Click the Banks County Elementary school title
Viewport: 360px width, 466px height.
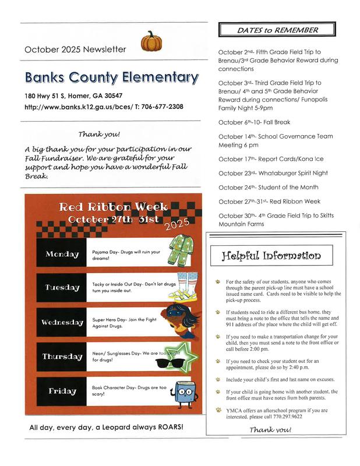click(112, 77)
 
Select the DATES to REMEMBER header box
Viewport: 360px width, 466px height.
click(277, 30)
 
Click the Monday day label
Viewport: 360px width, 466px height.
click(62, 254)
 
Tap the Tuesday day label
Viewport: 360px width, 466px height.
click(62, 287)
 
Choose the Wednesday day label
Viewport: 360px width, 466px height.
click(62, 322)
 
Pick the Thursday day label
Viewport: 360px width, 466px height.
click(62, 356)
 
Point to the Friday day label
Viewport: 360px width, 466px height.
click(62, 391)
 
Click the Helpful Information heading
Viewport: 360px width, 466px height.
click(271, 255)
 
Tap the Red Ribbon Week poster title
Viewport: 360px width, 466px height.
click(114, 207)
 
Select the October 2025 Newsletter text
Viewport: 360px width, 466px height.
click(75, 50)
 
